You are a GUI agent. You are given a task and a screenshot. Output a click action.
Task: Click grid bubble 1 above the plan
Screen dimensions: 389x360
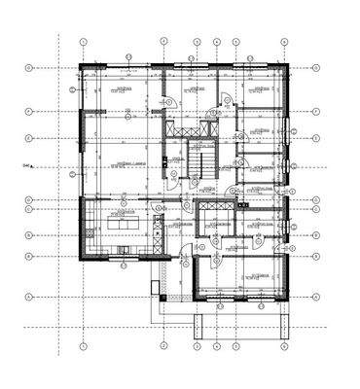(84, 42)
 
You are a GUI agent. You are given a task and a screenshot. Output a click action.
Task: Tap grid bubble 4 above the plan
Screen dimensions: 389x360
(197, 42)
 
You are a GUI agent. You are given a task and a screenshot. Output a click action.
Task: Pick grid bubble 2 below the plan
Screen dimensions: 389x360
(161, 343)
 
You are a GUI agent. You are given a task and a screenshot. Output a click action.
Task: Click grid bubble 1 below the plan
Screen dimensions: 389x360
(84, 343)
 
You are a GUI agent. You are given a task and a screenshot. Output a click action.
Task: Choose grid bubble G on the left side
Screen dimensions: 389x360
(30, 67)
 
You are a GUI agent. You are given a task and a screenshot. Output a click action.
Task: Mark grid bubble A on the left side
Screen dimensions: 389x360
(30, 296)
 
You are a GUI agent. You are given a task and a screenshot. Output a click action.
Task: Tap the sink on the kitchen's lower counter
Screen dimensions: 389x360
(125, 254)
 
